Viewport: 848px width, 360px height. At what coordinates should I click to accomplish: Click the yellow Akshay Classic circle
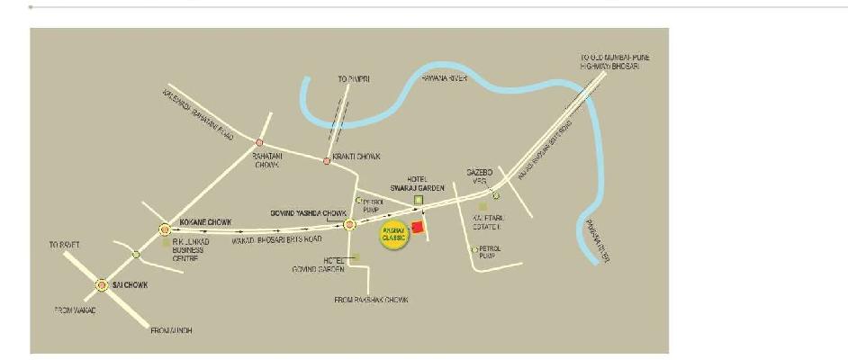click(x=393, y=238)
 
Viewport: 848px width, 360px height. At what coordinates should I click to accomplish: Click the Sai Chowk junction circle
click(x=101, y=285)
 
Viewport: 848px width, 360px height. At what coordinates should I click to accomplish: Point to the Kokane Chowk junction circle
click(x=165, y=230)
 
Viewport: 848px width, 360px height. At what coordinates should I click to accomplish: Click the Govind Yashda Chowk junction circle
click(x=349, y=224)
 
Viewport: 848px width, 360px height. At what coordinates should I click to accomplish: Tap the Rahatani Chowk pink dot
click(x=259, y=143)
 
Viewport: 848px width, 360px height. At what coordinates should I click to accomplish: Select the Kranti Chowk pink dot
click(x=327, y=162)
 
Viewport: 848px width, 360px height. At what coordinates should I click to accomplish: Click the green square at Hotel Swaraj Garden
click(x=418, y=199)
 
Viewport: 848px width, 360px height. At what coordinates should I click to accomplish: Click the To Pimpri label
click(x=354, y=81)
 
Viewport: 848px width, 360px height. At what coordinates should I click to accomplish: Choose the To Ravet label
click(x=65, y=244)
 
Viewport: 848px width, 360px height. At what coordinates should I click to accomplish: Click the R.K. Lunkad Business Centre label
click(x=196, y=250)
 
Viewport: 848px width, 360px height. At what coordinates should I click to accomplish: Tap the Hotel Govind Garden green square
click(x=356, y=257)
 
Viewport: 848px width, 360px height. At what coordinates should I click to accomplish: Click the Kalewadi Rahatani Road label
click(x=198, y=114)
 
